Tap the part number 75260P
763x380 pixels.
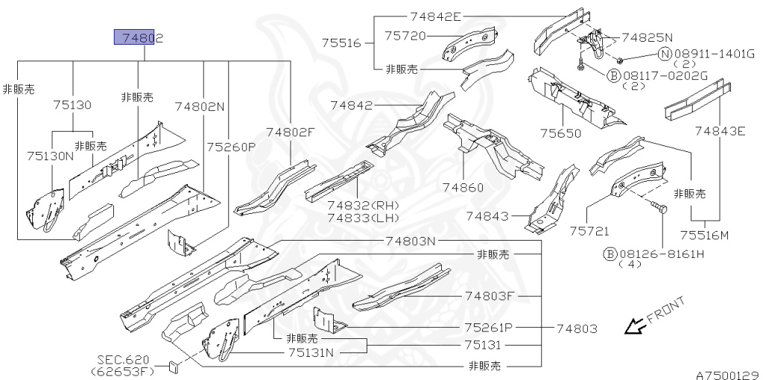[x=231, y=147]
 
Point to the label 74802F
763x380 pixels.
[x=291, y=132]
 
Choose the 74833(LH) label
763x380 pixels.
[x=363, y=218]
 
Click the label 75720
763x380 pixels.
[x=405, y=35]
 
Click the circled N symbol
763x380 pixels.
[x=664, y=54]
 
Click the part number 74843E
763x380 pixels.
[x=720, y=132]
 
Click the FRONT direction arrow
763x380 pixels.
[x=635, y=325]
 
